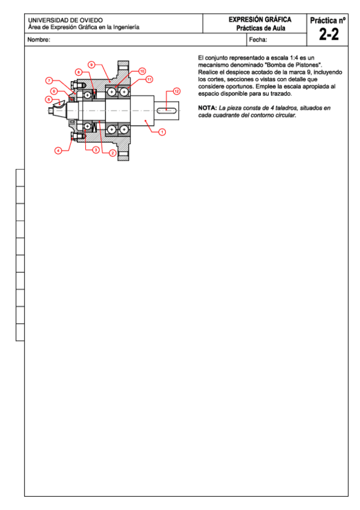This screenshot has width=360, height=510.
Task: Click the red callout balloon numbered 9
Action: tap(91, 65)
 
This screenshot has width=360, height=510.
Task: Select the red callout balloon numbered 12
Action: tap(177, 91)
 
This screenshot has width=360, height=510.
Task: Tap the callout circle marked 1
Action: tap(162, 132)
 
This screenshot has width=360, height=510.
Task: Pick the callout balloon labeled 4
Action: tap(58, 150)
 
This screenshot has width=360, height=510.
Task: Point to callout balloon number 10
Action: tap(142, 71)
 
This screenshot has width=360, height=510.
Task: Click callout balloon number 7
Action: tap(49, 81)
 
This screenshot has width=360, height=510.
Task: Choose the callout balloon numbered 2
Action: tap(113, 153)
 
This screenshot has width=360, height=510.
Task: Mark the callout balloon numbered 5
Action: tap(49, 99)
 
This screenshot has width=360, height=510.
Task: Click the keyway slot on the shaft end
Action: tap(166, 111)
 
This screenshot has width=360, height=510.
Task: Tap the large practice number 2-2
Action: tap(329, 34)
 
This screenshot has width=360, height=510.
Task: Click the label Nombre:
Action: tap(38, 40)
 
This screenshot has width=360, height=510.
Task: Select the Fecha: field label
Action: tap(258, 40)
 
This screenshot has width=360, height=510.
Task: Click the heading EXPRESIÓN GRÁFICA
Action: tap(260, 19)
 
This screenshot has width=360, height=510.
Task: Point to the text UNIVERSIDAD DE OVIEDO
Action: tap(66, 20)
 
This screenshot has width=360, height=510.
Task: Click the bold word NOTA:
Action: tap(207, 108)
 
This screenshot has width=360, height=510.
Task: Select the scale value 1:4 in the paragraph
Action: tap(294, 58)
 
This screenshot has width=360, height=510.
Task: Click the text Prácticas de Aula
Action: tap(261, 28)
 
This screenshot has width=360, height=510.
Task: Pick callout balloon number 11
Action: tap(149, 79)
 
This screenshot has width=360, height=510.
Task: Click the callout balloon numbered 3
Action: tap(96, 150)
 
